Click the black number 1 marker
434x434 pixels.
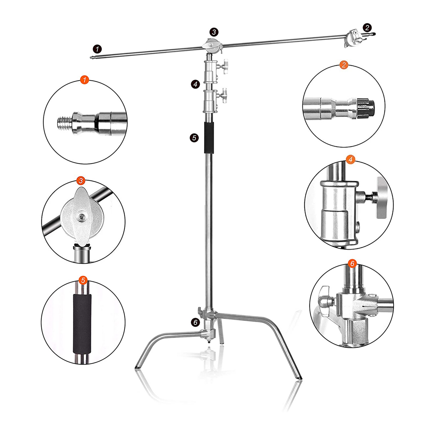point(97,49)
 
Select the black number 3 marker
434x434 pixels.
point(214,32)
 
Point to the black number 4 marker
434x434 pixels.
point(196,84)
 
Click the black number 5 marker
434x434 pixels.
point(194,138)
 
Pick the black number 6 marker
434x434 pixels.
point(195,322)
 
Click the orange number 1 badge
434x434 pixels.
point(84,80)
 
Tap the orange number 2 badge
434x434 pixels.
point(344,65)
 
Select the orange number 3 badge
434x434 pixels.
point(81,181)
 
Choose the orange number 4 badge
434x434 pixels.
point(351,160)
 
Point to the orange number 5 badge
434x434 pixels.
point(83,280)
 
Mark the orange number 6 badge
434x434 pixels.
point(352,263)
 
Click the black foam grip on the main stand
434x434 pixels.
point(209,138)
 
